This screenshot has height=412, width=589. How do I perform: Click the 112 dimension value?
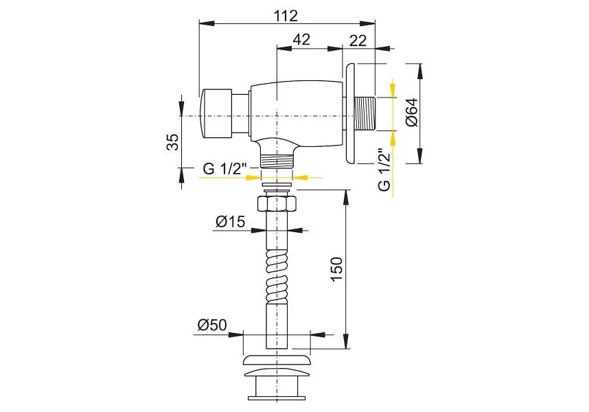pyautogui.click(x=286, y=15)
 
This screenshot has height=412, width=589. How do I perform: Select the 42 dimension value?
pyautogui.click(x=301, y=39)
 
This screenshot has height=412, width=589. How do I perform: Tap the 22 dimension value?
pyautogui.click(x=358, y=41)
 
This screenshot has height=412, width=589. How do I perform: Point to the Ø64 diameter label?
pyautogui.click(x=412, y=112)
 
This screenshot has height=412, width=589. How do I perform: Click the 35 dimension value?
pyautogui.click(x=172, y=142)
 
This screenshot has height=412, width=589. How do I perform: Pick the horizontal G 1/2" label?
pyautogui.click(x=224, y=169)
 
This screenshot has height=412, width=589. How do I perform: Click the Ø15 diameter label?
pyautogui.click(x=230, y=221)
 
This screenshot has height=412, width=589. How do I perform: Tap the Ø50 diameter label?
pyautogui.click(x=212, y=325)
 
